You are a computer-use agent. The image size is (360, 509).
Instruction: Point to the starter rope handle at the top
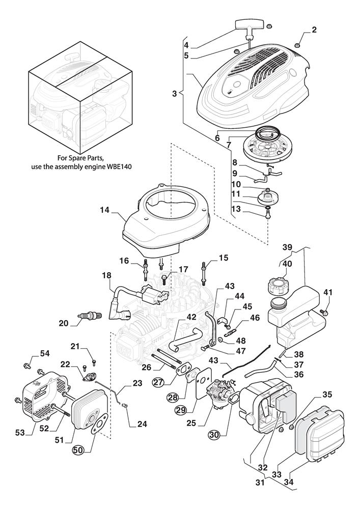coord(250,24)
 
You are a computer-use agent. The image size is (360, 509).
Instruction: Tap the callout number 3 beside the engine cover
coord(174,94)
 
